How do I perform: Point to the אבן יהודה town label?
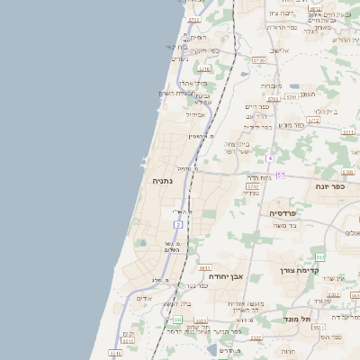226,276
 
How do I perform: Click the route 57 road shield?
281,175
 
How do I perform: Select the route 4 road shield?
269,158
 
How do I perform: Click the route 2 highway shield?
179,224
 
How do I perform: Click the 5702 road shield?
253,186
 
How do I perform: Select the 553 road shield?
178,319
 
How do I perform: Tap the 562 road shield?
319,257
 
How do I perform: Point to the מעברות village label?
271,85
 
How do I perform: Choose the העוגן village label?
307,94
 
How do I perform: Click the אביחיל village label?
195,114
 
